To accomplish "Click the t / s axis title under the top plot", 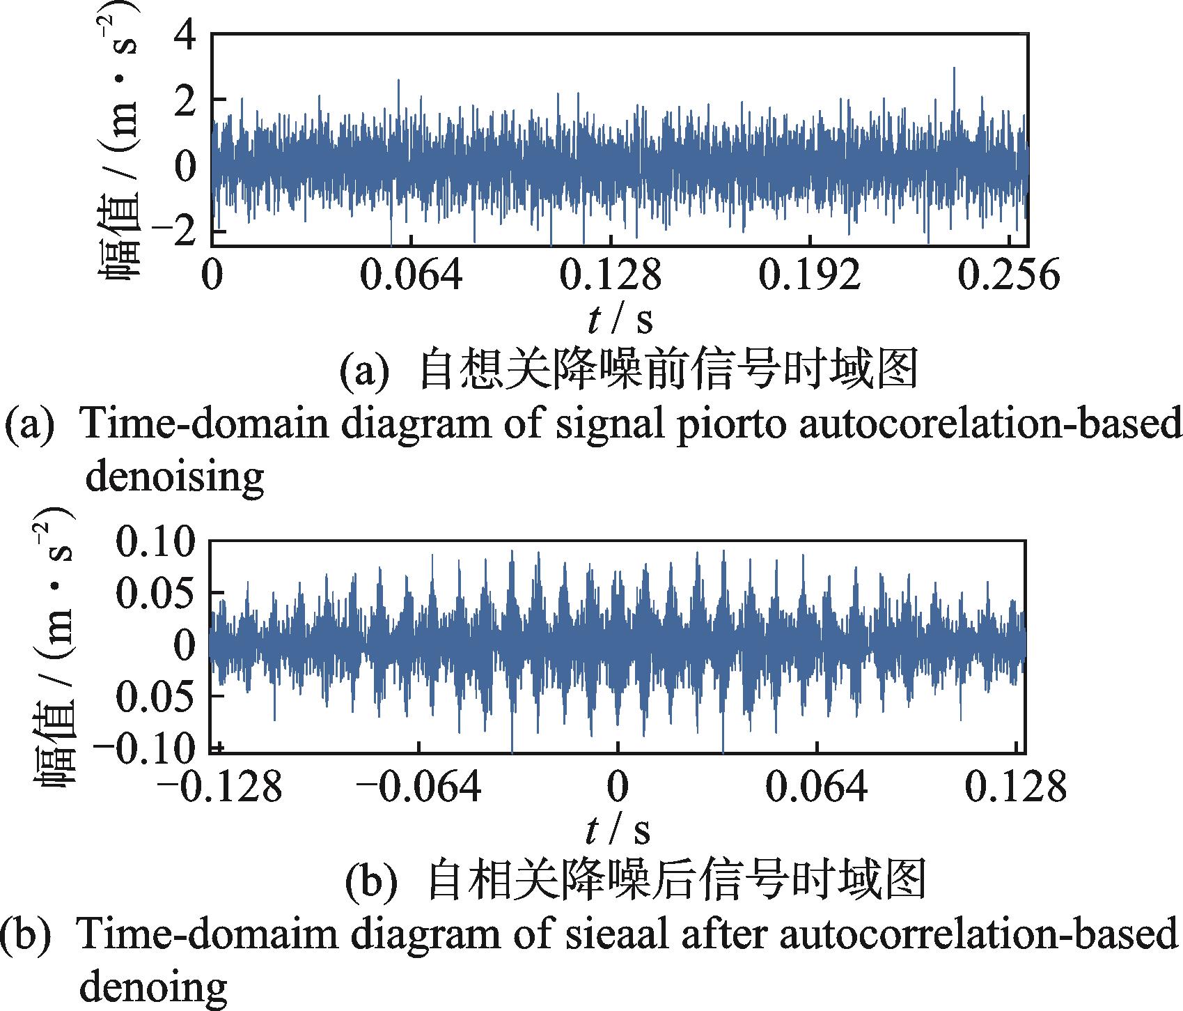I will coord(620,320).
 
